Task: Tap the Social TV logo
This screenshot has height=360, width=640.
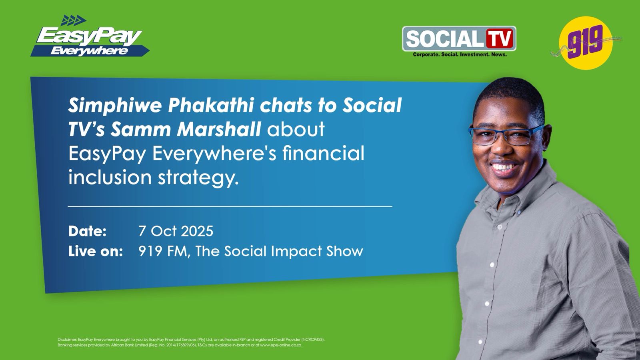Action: click(459, 39)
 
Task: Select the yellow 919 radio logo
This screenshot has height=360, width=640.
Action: click(586, 43)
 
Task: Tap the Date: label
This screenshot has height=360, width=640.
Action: click(87, 231)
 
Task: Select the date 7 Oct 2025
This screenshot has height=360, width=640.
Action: click(176, 231)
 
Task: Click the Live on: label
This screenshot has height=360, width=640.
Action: click(95, 251)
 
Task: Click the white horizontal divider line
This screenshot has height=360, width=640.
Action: click(230, 206)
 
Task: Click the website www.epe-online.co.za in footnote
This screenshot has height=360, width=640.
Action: click(281, 345)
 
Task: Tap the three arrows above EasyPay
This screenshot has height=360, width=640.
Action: click(74, 20)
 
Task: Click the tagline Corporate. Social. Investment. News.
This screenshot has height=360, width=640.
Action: click(459, 54)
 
